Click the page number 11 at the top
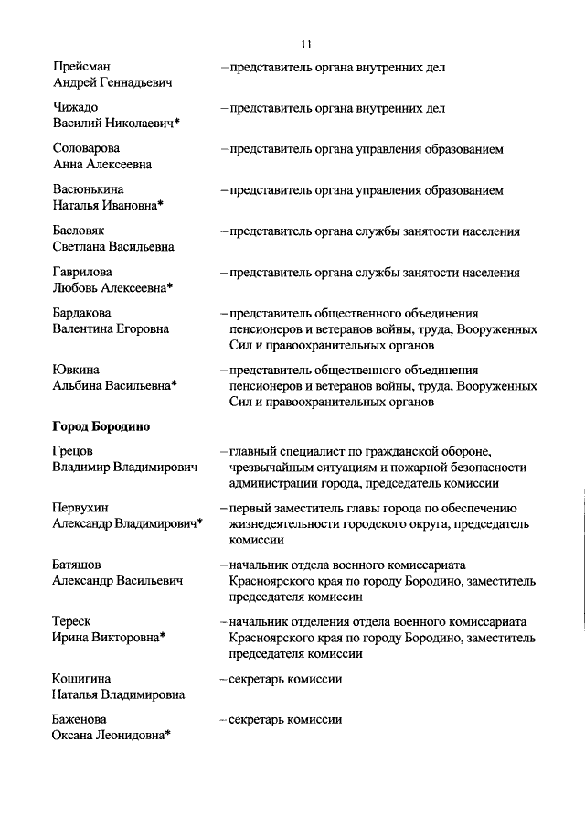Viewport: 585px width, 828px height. coord(306,44)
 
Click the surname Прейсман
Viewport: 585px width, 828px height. coord(82,67)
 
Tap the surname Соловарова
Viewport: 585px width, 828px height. coord(87,149)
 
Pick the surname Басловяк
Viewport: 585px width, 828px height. coord(80,231)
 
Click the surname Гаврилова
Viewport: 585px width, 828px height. coord(83,273)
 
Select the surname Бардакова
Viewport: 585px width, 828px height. coord(83,314)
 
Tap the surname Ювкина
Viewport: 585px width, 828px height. coord(76,370)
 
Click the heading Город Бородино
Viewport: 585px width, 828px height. coord(101,426)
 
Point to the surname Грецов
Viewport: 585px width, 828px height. coord(73,452)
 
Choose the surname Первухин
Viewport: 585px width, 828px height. coord(80,508)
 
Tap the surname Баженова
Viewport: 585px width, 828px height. coord(80,720)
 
